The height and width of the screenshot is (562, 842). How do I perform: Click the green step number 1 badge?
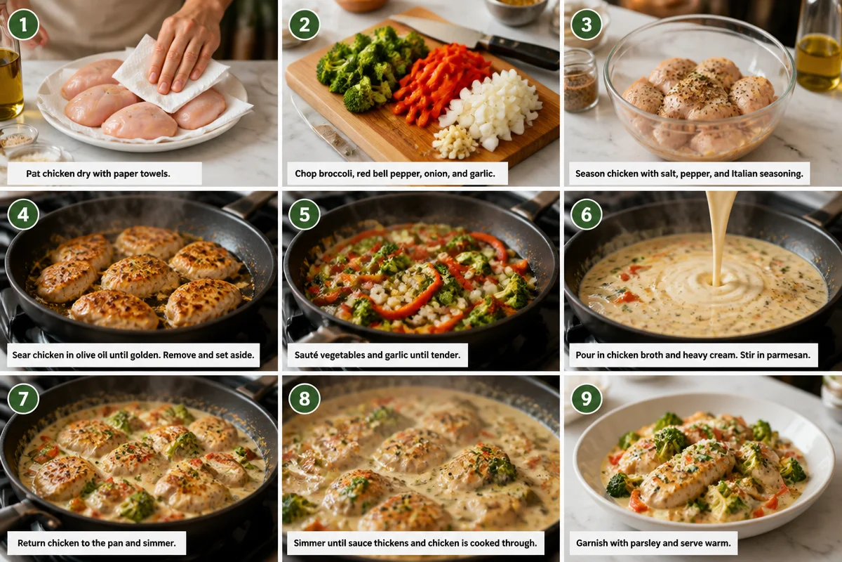(23, 25)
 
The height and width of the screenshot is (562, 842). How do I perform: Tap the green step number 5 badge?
(305, 214)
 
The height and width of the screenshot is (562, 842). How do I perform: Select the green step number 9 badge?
(587, 398)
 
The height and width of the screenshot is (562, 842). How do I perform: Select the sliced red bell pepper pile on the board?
(440, 85)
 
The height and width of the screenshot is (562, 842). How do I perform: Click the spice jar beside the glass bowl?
(580, 80)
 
